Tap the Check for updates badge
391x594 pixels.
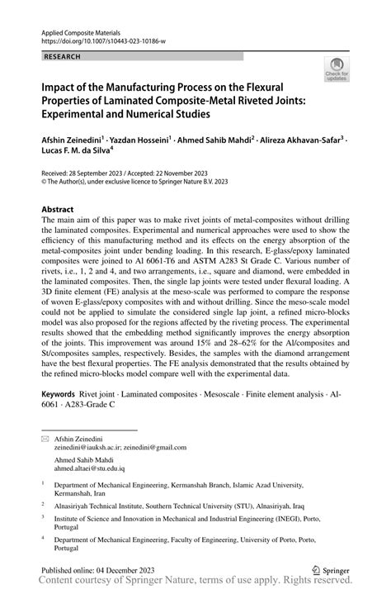(336, 72)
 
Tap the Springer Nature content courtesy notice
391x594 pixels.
(195, 585)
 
